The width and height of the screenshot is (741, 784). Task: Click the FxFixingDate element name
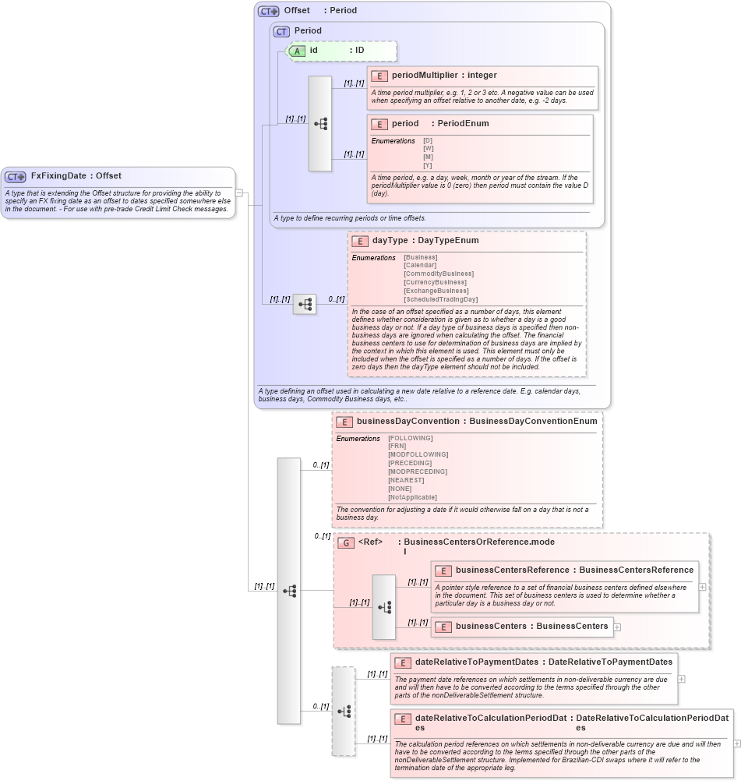[x=58, y=176]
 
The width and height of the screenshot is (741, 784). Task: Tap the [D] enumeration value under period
[x=428, y=140]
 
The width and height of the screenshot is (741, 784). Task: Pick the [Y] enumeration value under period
[x=428, y=165]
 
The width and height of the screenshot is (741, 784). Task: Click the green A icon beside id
[x=297, y=51]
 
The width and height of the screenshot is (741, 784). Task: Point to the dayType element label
[x=390, y=241]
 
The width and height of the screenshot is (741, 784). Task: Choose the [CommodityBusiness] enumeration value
[x=438, y=274]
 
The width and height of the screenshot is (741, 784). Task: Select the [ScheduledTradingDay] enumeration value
[x=440, y=299]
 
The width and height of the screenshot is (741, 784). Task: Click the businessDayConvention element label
[x=408, y=422]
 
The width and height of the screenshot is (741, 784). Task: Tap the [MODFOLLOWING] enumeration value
[x=418, y=454]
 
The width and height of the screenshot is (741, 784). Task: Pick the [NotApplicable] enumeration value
[x=412, y=497]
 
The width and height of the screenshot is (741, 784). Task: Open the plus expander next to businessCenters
[x=618, y=627]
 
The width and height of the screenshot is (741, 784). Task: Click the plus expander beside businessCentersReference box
[x=703, y=587]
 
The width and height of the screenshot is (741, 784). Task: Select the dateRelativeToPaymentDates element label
[x=476, y=662]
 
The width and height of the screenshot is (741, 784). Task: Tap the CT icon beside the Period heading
[x=281, y=31]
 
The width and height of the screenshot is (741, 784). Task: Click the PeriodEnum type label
[x=462, y=124]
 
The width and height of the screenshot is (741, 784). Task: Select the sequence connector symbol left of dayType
[x=305, y=304]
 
